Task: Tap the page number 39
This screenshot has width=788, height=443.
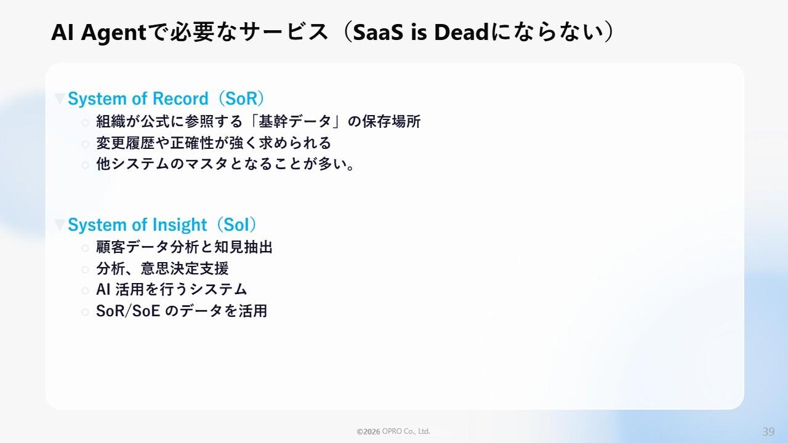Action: point(768,431)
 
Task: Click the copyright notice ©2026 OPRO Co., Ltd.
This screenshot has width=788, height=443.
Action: point(393,432)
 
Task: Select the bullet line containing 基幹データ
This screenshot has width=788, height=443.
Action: point(258,122)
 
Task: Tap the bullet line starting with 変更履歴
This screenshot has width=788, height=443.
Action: point(214,143)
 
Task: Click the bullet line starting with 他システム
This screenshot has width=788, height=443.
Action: point(225,165)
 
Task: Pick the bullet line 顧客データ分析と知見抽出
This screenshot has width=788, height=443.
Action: point(184,247)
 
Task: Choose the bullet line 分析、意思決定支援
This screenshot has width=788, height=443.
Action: point(163,269)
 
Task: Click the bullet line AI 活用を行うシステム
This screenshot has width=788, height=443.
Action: point(172,290)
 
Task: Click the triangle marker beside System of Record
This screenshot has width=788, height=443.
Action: point(60,99)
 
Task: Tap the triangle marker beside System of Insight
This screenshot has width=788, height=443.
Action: point(60,225)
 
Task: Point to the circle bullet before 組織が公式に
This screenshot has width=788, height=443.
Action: point(85,122)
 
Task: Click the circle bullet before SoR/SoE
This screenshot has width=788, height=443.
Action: point(85,312)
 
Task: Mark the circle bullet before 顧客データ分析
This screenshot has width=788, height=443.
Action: point(85,248)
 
